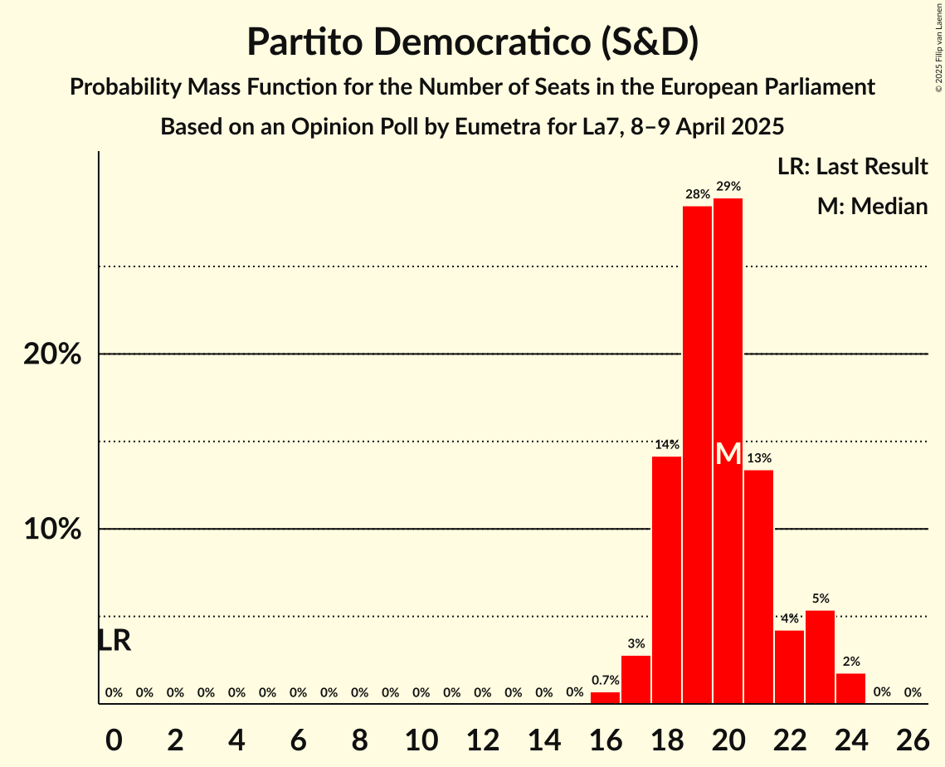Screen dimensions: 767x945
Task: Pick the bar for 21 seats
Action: [x=758, y=586]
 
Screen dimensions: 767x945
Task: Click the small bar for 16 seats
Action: [x=605, y=698]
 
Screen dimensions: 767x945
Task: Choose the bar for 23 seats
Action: [x=820, y=657]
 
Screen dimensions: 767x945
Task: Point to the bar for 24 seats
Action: [x=850, y=688]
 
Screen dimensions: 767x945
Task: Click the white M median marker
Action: [x=728, y=454]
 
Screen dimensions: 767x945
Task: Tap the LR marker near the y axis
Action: [x=114, y=641]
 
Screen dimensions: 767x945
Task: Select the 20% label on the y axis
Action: [x=52, y=354]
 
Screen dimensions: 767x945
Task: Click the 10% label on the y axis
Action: [x=52, y=530]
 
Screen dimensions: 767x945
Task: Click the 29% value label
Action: [x=728, y=187]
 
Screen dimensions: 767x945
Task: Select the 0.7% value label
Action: [x=605, y=680]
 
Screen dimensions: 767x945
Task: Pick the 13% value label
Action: [x=758, y=458]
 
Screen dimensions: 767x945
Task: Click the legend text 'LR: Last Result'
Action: [x=852, y=167]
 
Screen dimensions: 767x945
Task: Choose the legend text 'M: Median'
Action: [x=872, y=206]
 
